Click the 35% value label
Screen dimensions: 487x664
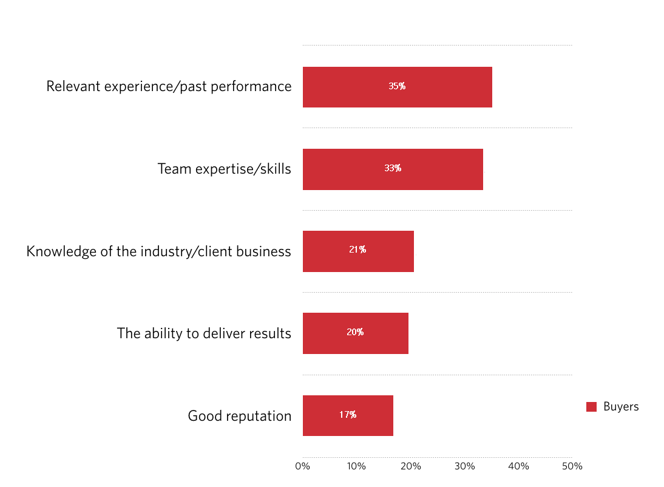pos(397,86)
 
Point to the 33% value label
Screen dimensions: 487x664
pos(393,168)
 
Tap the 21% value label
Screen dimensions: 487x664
pos(357,250)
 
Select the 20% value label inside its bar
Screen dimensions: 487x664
pos(355,332)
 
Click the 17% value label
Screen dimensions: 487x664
pos(348,415)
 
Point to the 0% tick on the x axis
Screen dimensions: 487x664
pos(302,466)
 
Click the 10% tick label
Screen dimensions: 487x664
pos(356,466)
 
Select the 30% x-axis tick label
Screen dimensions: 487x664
pos(464,466)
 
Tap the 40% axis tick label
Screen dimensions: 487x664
pos(518,466)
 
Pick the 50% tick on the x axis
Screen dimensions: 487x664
pos(572,466)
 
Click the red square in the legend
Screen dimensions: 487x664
pos(591,407)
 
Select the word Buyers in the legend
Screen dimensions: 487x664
pos(621,407)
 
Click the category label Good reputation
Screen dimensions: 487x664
pos(239,416)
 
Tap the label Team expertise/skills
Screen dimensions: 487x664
pos(224,169)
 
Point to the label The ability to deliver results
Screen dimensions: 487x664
pos(204,333)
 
